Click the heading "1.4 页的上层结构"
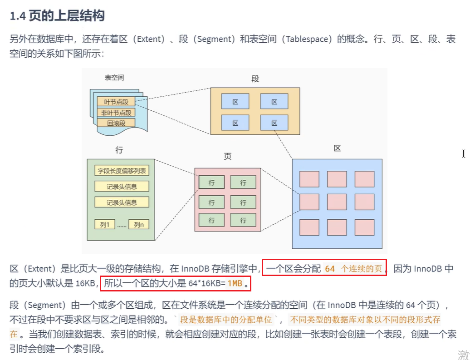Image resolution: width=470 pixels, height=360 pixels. pos(57,16)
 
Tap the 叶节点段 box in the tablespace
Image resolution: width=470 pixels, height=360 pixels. pos(116,102)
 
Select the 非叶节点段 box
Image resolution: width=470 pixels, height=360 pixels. pos(116,113)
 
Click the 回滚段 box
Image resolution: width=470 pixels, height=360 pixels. pos(116,123)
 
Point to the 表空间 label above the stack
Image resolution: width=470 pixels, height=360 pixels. pos(114,78)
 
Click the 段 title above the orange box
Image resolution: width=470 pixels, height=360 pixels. pos(255,79)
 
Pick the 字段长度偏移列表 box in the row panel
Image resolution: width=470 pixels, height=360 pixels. pos(122,171)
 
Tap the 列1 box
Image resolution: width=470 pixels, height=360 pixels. pos(105,224)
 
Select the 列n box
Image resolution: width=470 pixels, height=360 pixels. pos(139,224)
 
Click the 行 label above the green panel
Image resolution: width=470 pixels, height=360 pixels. pos(119,150)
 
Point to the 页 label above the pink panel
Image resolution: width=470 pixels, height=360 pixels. pos(228,157)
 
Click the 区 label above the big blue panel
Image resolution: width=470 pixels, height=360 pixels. pos(337,148)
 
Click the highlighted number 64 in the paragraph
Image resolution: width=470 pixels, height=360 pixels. pos(330,269)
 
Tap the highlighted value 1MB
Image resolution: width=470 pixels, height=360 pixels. pos(235,284)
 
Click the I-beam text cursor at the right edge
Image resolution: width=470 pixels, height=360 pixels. pos(464,153)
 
